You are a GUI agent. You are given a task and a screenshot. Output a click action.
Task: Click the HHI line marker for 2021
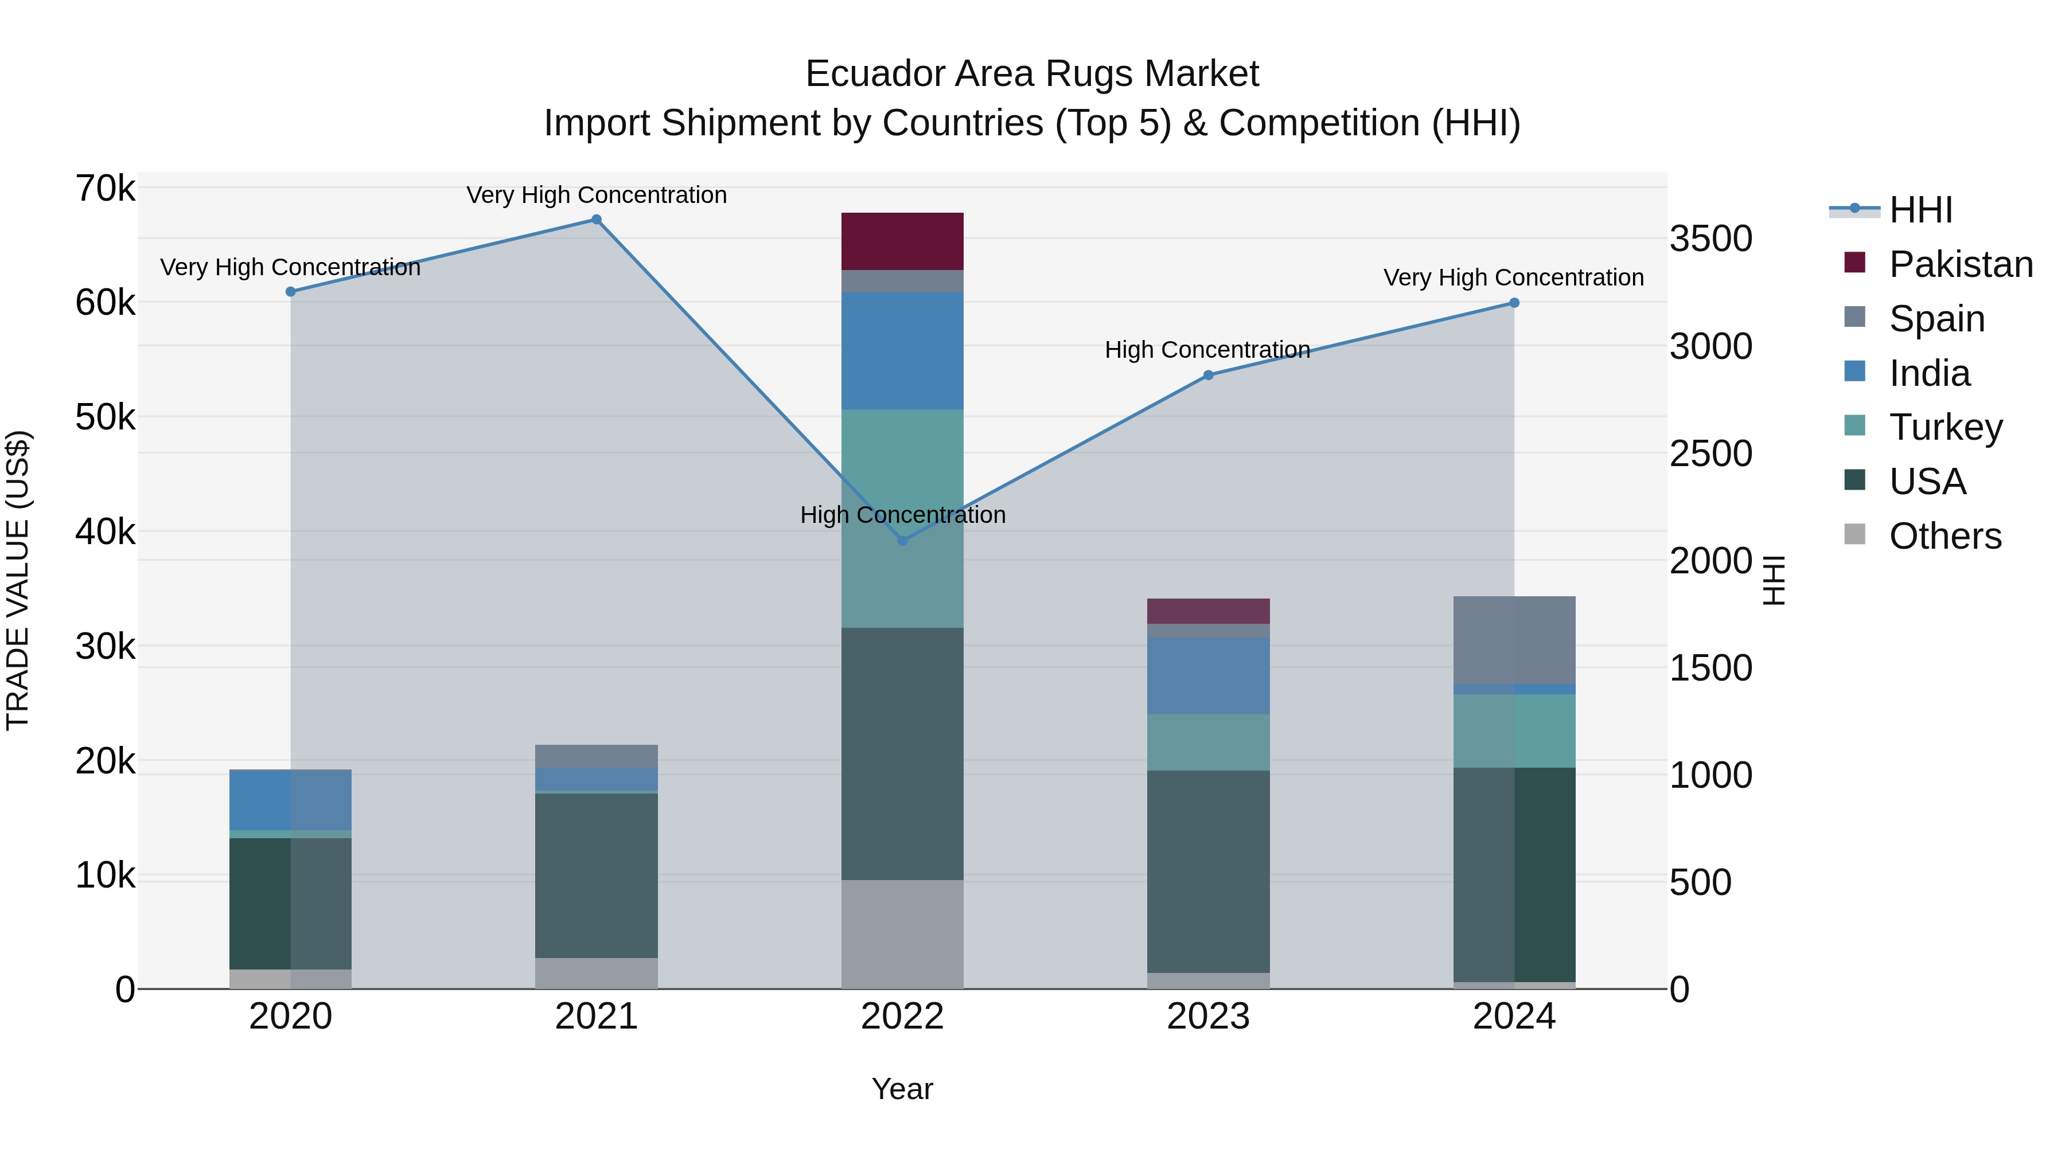597,220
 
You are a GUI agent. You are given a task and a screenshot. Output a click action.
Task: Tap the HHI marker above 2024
1514,303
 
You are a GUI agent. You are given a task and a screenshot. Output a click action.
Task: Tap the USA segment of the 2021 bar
597,875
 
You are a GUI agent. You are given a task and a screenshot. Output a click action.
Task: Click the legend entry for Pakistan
1960,264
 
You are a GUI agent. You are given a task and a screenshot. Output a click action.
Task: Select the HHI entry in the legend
1920,210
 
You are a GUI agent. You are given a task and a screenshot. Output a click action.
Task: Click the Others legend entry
1945,536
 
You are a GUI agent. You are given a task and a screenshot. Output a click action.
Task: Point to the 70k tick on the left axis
105,189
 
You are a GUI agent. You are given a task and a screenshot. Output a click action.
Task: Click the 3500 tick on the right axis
1711,239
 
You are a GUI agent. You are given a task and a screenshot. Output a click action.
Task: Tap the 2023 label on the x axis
1208,1017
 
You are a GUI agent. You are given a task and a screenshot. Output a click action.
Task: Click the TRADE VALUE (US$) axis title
18,580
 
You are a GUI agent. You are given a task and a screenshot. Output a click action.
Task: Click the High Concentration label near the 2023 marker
1207,350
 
